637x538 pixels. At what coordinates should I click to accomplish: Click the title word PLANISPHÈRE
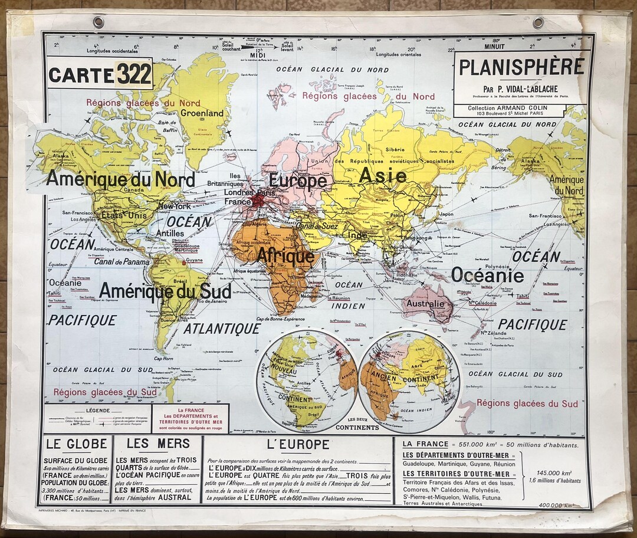tap(521, 67)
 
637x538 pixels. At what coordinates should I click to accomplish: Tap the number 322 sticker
tap(134, 74)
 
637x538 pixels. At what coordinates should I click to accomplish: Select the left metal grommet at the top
tap(98, 22)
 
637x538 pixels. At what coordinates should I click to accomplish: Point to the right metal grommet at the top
tap(538, 22)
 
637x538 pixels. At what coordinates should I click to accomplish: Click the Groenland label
tap(202, 113)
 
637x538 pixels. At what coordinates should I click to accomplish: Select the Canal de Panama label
tap(122, 262)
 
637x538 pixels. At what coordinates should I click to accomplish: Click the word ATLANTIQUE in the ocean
tap(221, 329)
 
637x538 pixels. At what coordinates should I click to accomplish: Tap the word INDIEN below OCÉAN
tap(348, 306)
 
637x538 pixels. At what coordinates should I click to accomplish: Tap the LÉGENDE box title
tap(97, 410)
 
